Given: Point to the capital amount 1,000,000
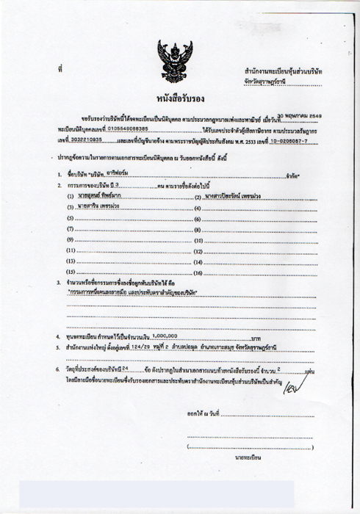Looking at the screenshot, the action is coord(159,336).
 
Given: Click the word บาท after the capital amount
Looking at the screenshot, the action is coord(256,337).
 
